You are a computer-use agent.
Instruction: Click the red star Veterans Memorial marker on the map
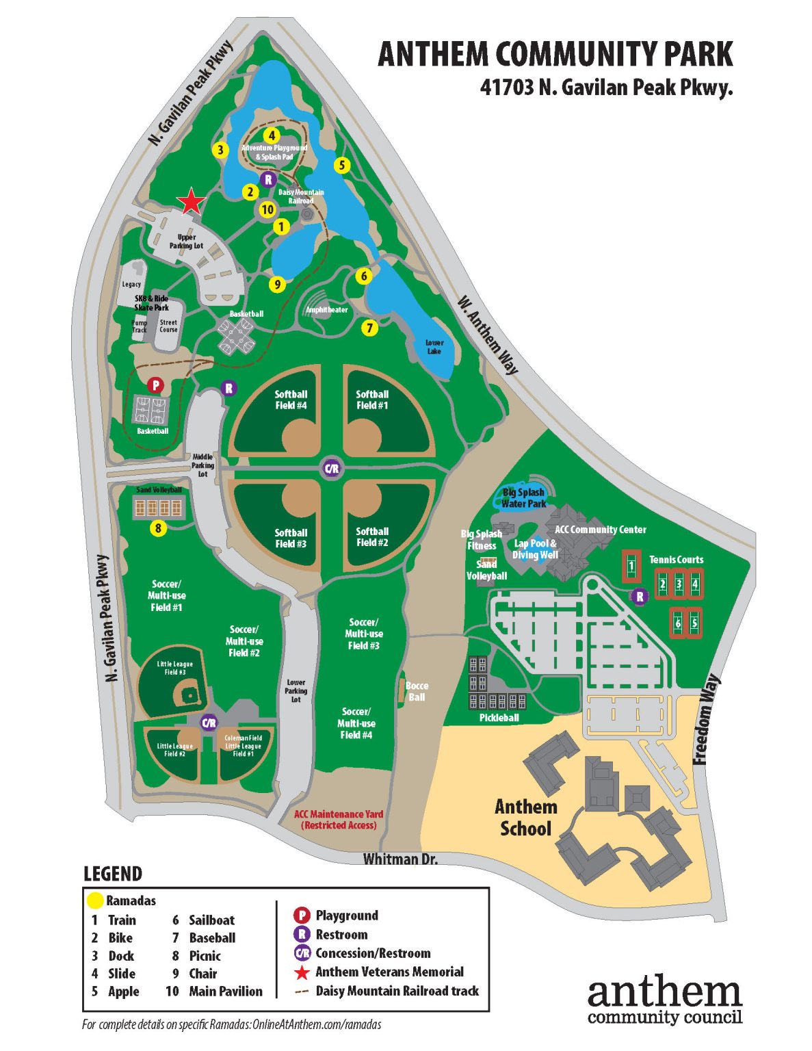(x=192, y=202)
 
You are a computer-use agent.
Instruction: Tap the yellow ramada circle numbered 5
(x=341, y=165)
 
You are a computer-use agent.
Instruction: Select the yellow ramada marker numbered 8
(x=159, y=528)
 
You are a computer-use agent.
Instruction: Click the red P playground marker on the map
(x=156, y=385)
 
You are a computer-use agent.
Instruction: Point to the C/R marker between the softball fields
(x=331, y=469)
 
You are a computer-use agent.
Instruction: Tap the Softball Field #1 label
(x=372, y=400)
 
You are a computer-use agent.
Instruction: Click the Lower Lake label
(x=434, y=347)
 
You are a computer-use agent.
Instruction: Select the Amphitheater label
(x=326, y=310)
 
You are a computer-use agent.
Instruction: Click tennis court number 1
(x=631, y=566)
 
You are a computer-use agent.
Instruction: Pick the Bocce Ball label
(x=417, y=691)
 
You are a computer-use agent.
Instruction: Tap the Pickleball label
(x=499, y=718)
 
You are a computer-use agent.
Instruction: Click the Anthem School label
(x=525, y=818)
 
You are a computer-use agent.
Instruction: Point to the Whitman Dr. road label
(x=400, y=859)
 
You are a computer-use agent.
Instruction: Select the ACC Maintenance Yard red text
(x=339, y=820)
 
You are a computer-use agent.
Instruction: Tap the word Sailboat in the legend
(x=211, y=920)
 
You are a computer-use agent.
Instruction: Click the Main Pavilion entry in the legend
(x=225, y=991)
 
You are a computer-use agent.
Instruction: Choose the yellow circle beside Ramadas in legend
(x=94, y=900)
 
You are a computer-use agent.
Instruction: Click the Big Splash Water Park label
(x=523, y=497)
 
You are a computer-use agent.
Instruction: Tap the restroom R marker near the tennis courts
(x=640, y=597)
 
